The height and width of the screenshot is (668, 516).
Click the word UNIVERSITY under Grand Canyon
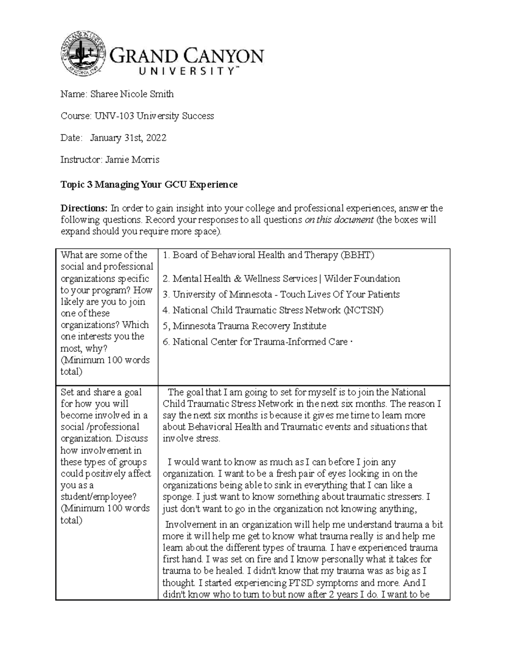pyautogui.click(x=187, y=72)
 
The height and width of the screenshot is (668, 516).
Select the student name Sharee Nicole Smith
pyautogui.click(x=132, y=94)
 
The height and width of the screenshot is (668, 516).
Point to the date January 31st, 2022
pyautogui.click(x=128, y=138)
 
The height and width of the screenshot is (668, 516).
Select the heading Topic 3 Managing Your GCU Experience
pyautogui.click(x=149, y=185)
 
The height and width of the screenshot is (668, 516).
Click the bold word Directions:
pyautogui.click(x=84, y=209)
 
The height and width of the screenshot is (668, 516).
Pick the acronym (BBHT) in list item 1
pyautogui.click(x=357, y=256)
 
